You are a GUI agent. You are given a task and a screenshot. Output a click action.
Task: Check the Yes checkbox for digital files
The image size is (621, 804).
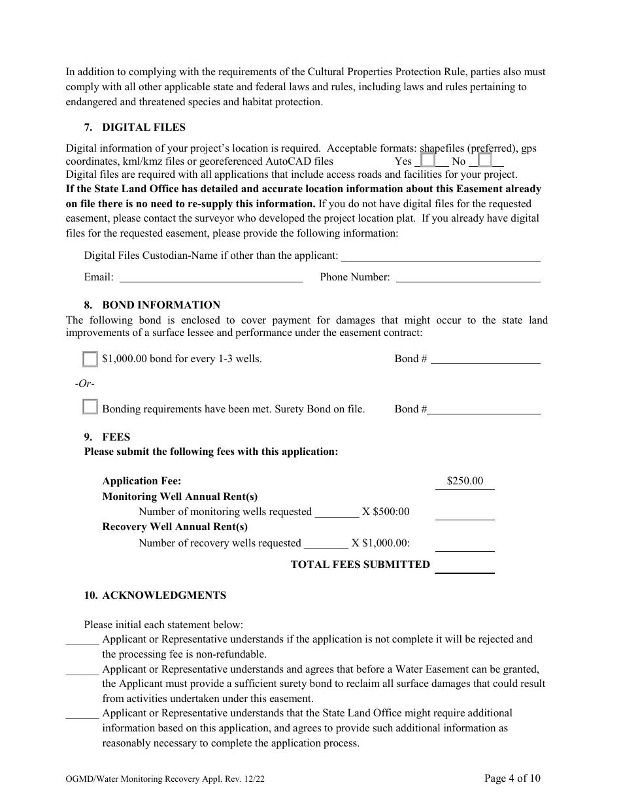coord(428,161)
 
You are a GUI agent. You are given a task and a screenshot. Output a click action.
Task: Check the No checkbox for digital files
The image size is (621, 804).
coord(484,161)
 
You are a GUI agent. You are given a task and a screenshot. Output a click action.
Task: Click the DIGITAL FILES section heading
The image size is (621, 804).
coord(144,127)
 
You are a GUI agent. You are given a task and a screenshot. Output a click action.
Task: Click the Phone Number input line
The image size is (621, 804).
coord(468,277)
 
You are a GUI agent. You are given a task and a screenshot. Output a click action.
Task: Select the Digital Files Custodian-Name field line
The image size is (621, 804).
coord(441,256)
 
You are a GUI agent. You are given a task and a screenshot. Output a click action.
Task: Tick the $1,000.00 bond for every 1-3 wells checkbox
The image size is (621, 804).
coord(90,359)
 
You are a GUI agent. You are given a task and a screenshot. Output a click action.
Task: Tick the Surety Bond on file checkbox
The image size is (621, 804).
coord(90,407)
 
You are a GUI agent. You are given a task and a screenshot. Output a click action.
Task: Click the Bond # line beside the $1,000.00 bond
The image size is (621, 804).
coord(486,359)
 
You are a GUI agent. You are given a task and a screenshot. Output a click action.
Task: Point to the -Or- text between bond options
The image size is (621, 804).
coord(84,384)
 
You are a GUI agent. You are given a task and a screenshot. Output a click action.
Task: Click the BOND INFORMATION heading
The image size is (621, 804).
coord(161,305)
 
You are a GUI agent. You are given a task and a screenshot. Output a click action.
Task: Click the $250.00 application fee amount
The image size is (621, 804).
coord(465,481)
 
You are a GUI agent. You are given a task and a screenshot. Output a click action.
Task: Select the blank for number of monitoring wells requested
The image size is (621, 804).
coord(337,512)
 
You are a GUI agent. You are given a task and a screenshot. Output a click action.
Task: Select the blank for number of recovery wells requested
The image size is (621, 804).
coord(326,543)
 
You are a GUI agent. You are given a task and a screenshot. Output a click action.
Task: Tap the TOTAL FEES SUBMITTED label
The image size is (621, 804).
coord(360,565)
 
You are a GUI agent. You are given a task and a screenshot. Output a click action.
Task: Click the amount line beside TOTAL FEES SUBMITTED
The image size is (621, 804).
coord(465,567)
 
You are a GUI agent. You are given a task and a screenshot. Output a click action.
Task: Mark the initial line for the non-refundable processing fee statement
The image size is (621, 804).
coord(82,640)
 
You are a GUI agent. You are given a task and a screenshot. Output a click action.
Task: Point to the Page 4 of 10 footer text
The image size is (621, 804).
coord(512,778)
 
